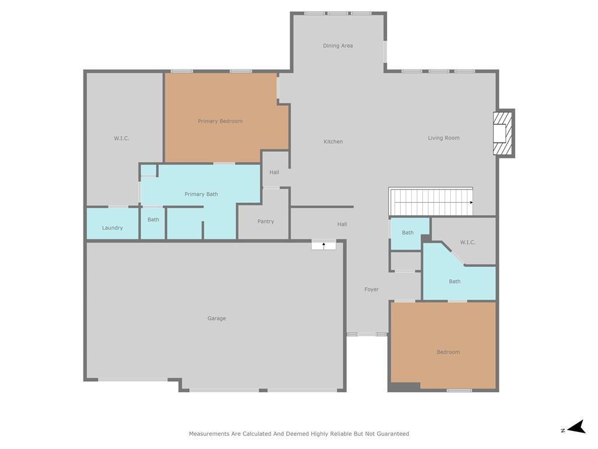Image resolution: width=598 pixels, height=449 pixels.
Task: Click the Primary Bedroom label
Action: tap(220, 121)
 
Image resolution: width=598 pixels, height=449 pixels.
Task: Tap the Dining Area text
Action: tap(338, 46)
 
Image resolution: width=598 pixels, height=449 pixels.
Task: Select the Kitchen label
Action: tap(333, 141)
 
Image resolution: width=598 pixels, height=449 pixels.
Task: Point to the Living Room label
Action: tap(444, 138)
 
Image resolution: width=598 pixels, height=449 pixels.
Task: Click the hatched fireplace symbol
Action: tap(502, 133)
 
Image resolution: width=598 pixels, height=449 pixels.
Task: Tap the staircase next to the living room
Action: tap(431, 202)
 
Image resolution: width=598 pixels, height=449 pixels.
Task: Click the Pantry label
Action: tap(266, 222)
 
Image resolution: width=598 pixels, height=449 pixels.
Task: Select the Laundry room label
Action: tap(113, 228)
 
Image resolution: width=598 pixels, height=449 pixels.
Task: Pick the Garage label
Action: tap(217, 319)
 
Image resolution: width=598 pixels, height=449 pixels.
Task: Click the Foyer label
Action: tap(371, 289)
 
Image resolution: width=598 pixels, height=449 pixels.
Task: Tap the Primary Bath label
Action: tap(201, 194)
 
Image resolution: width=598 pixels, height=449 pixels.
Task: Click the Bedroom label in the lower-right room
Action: tap(448, 352)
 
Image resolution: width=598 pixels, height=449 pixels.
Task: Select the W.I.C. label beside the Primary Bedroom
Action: tap(121, 138)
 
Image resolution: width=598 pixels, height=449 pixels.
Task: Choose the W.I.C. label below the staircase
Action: tap(468, 243)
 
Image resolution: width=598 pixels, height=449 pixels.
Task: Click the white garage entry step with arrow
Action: tap(324, 245)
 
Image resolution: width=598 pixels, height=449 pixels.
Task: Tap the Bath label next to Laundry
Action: tap(154, 220)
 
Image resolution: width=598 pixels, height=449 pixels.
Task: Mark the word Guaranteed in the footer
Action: tap(393, 434)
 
